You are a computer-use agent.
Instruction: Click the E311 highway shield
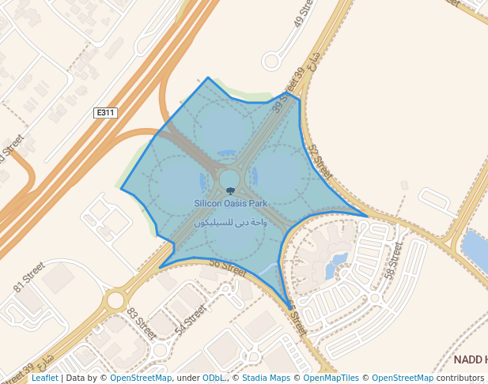tap(105, 113)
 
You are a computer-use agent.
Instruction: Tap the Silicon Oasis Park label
tap(231, 203)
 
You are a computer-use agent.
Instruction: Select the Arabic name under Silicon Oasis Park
tap(231, 223)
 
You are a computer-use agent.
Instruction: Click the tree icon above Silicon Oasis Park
tap(230, 191)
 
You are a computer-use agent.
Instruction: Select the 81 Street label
tap(30, 279)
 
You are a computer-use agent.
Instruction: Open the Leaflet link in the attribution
tap(44, 378)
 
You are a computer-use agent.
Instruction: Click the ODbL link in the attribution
tap(214, 378)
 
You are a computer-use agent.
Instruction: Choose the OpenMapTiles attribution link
tap(331, 378)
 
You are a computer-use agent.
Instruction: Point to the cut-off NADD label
tap(471, 360)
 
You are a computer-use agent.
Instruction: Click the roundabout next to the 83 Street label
tap(116, 300)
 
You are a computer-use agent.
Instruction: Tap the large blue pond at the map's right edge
tap(477, 251)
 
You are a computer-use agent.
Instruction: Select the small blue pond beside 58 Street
tap(338, 263)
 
